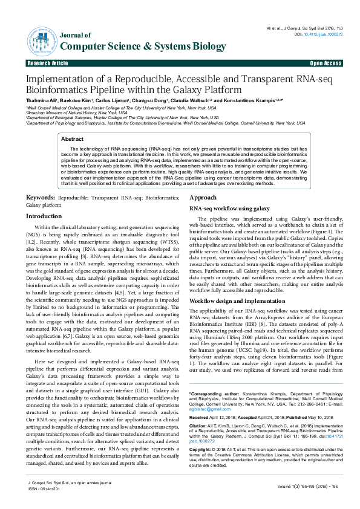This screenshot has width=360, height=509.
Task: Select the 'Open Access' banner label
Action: [326, 63]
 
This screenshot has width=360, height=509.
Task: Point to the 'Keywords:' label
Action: [41, 198]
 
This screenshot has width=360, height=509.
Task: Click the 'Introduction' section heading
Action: [44, 216]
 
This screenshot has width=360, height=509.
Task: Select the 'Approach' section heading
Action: [203, 198]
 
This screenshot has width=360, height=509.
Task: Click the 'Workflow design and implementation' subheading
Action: [237, 300]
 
